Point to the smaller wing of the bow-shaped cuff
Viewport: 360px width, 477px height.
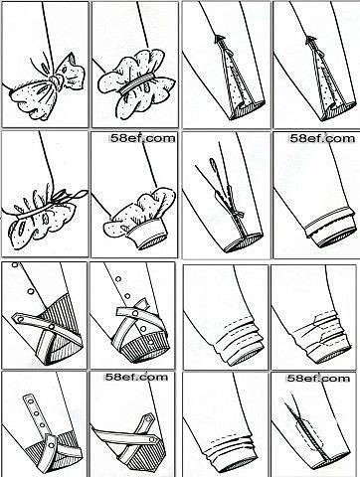72,72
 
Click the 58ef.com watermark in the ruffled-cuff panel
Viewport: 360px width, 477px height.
142,138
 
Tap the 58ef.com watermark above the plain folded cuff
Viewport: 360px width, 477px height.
322,138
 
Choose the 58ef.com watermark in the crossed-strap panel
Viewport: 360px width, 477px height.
136,377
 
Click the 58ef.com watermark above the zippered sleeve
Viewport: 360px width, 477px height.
318,379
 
